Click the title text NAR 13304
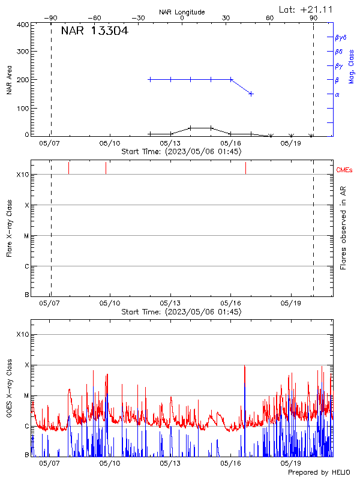(x=95, y=32)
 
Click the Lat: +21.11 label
(x=307, y=9)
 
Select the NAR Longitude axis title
(x=182, y=12)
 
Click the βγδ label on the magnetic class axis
(x=341, y=37)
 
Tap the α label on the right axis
(x=337, y=94)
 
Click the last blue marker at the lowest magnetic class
(x=251, y=94)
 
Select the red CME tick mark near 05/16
(x=245, y=168)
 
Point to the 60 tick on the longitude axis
(x=270, y=18)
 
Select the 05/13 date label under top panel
(x=170, y=144)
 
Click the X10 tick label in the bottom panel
(x=22, y=334)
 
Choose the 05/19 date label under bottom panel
(x=290, y=463)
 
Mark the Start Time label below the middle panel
(x=181, y=311)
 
